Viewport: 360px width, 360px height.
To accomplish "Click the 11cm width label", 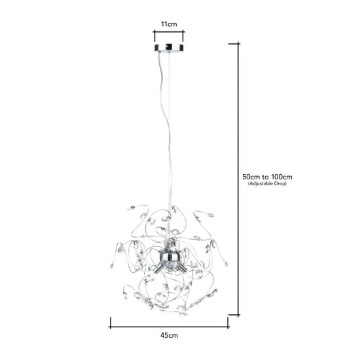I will (169, 24).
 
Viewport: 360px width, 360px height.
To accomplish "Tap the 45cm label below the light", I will (169, 336).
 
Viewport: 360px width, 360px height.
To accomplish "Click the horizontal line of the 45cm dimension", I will (169, 322).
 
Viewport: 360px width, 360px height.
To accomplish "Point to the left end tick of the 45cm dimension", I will (110, 322).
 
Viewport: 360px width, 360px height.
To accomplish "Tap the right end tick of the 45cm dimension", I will (228, 322).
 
